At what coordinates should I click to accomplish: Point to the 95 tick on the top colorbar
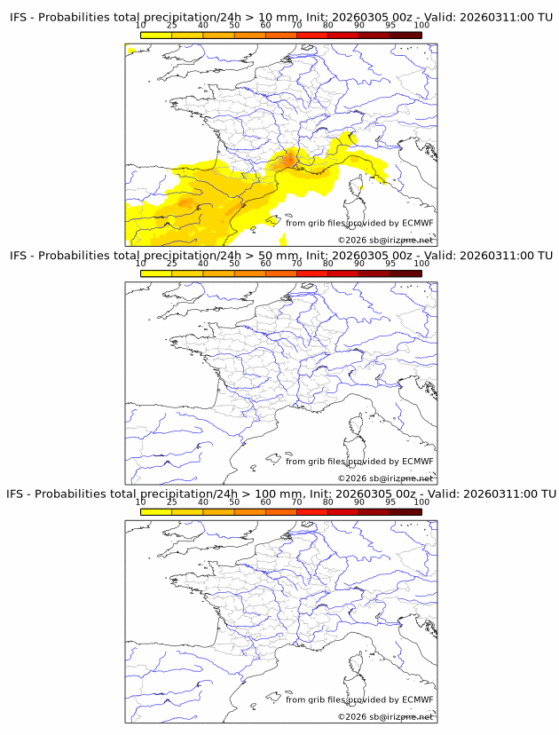(390, 25)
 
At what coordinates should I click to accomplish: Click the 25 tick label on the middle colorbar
(172, 263)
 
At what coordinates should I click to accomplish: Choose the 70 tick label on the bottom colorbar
(296, 501)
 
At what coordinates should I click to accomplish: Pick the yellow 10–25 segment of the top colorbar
(156, 35)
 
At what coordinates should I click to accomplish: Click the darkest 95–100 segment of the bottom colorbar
(405, 511)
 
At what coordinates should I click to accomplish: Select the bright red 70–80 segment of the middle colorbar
(311, 273)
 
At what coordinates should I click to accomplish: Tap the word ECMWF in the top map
(418, 223)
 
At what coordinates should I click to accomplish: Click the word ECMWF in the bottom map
(418, 699)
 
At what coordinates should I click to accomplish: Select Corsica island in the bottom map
(359, 662)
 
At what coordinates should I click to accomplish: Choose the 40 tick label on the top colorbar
(203, 25)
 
